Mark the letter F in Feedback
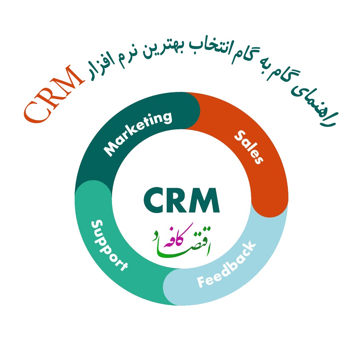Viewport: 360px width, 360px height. tap(201, 281)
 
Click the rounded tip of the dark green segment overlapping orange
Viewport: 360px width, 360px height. tap(199, 110)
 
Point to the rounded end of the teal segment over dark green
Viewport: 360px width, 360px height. tap(93, 181)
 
